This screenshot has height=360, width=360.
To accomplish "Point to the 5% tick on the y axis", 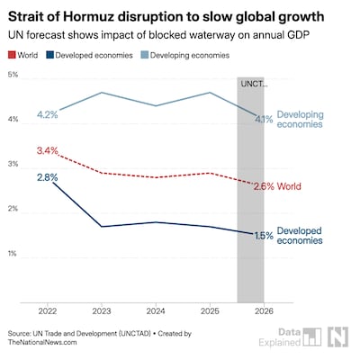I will pos(13,74).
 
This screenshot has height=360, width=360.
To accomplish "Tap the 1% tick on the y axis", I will pos(13,254).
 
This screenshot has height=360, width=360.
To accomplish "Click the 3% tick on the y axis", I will pos(13,164).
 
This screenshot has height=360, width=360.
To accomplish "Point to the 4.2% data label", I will pos(47,114).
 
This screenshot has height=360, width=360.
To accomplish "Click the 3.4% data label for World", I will pos(47,150).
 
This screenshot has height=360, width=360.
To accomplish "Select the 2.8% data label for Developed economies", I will pos(47,177).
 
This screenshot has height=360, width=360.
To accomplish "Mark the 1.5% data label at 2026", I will pos(263,236).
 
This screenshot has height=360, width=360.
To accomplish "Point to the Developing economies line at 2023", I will pos(102,93).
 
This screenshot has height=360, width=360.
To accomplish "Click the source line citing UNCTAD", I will pos(90,333).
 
